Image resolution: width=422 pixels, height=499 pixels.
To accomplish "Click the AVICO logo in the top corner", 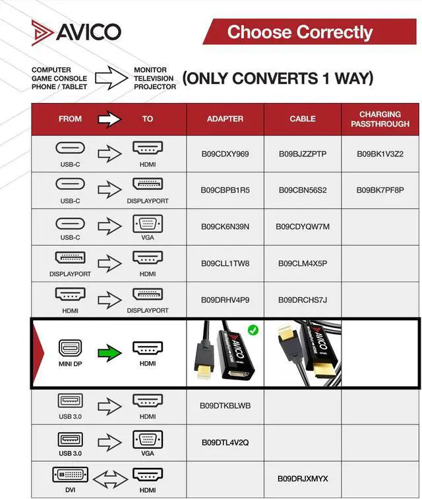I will click(x=76, y=31).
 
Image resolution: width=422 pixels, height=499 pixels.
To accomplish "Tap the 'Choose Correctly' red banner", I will click(x=300, y=32).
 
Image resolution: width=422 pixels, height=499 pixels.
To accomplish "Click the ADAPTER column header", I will click(x=225, y=119).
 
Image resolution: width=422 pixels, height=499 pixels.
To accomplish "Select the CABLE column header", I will click(x=303, y=119).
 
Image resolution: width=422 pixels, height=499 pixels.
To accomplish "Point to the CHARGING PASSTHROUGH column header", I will click(x=380, y=119).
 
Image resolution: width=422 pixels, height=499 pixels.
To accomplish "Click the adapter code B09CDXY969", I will click(x=225, y=154).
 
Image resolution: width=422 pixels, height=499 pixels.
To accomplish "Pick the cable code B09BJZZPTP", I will click(x=303, y=154).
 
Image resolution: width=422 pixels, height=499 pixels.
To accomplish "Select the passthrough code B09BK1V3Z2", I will click(x=380, y=154).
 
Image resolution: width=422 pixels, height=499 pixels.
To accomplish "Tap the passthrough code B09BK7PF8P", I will click(x=380, y=190).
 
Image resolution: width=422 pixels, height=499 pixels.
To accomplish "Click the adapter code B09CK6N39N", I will click(x=225, y=226).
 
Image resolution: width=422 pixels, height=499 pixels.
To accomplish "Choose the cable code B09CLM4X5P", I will click(x=303, y=263).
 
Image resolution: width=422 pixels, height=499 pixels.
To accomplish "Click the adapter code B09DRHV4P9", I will click(x=225, y=300).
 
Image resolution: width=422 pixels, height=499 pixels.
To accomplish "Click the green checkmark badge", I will click(x=253, y=329).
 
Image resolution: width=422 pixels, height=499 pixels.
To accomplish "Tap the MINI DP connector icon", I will click(x=69, y=348).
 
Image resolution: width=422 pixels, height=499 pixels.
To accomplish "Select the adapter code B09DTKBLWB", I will click(x=225, y=405).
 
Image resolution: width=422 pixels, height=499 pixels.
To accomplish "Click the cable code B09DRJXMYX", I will click(x=303, y=479).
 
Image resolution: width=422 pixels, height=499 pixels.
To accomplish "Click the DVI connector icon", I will click(x=69, y=475).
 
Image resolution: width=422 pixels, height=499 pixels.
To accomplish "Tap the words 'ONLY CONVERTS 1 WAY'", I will click(x=278, y=79).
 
